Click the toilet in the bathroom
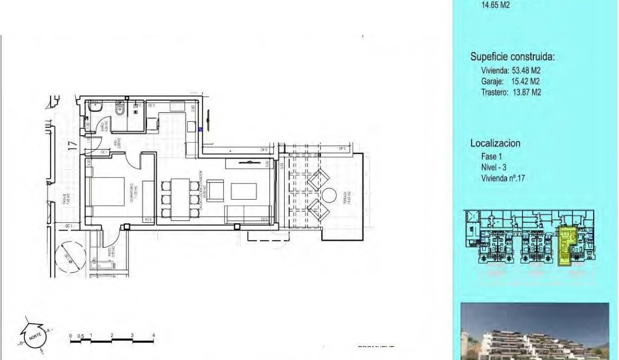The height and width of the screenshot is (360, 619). tap(120, 109)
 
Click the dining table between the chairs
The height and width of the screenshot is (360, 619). tap(178, 197)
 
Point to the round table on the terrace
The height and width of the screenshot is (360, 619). tap(328, 197)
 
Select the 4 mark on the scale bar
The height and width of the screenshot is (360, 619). tap(153, 336)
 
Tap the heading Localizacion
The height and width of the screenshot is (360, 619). tap(495, 143)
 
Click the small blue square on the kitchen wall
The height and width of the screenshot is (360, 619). tap(200, 129)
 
